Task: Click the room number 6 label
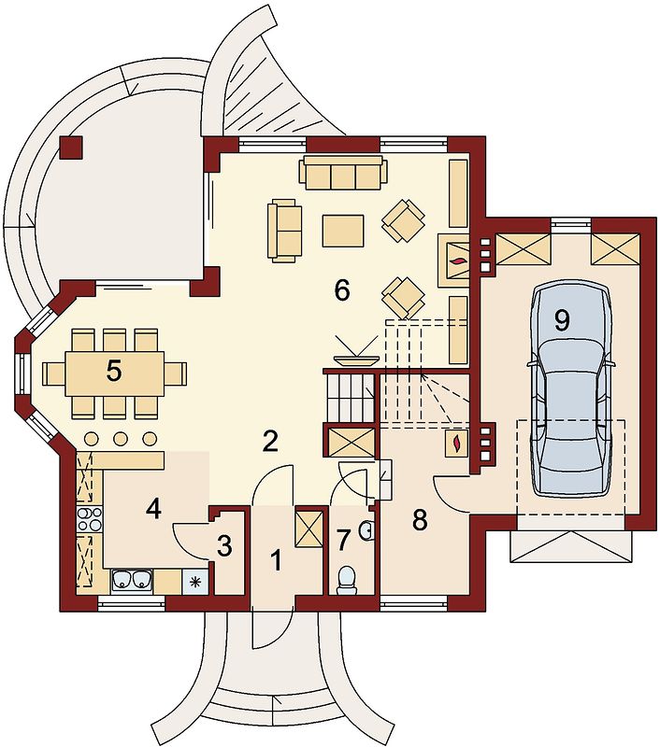342,290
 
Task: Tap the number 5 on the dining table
113,371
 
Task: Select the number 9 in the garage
562,320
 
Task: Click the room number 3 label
224,546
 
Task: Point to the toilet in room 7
347,580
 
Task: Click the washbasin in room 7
366,531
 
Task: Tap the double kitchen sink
132,581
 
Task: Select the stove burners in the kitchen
90,519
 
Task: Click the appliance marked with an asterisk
195,582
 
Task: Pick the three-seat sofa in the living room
343,173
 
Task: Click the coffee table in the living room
343,231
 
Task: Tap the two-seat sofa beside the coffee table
285,232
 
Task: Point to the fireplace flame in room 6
458,261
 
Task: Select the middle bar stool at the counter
121,438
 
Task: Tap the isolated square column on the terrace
71,148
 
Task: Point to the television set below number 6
356,352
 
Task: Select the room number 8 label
420,520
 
